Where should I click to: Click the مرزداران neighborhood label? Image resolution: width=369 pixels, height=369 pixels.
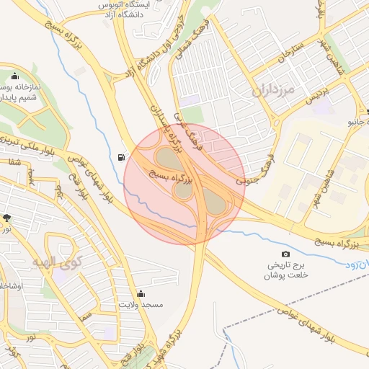click(x=275, y=92)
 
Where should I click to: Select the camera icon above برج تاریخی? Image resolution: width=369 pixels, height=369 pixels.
click(x=286, y=254)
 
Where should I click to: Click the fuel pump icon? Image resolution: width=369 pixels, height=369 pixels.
click(x=120, y=156)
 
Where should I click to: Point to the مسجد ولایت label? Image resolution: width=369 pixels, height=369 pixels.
click(x=142, y=305)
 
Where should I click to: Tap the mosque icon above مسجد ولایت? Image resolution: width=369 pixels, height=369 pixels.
click(x=141, y=293)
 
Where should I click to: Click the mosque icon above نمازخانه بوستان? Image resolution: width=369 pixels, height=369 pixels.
click(x=14, y=76)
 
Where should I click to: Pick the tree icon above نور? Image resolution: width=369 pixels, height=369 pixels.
click(x=7, y=217)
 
